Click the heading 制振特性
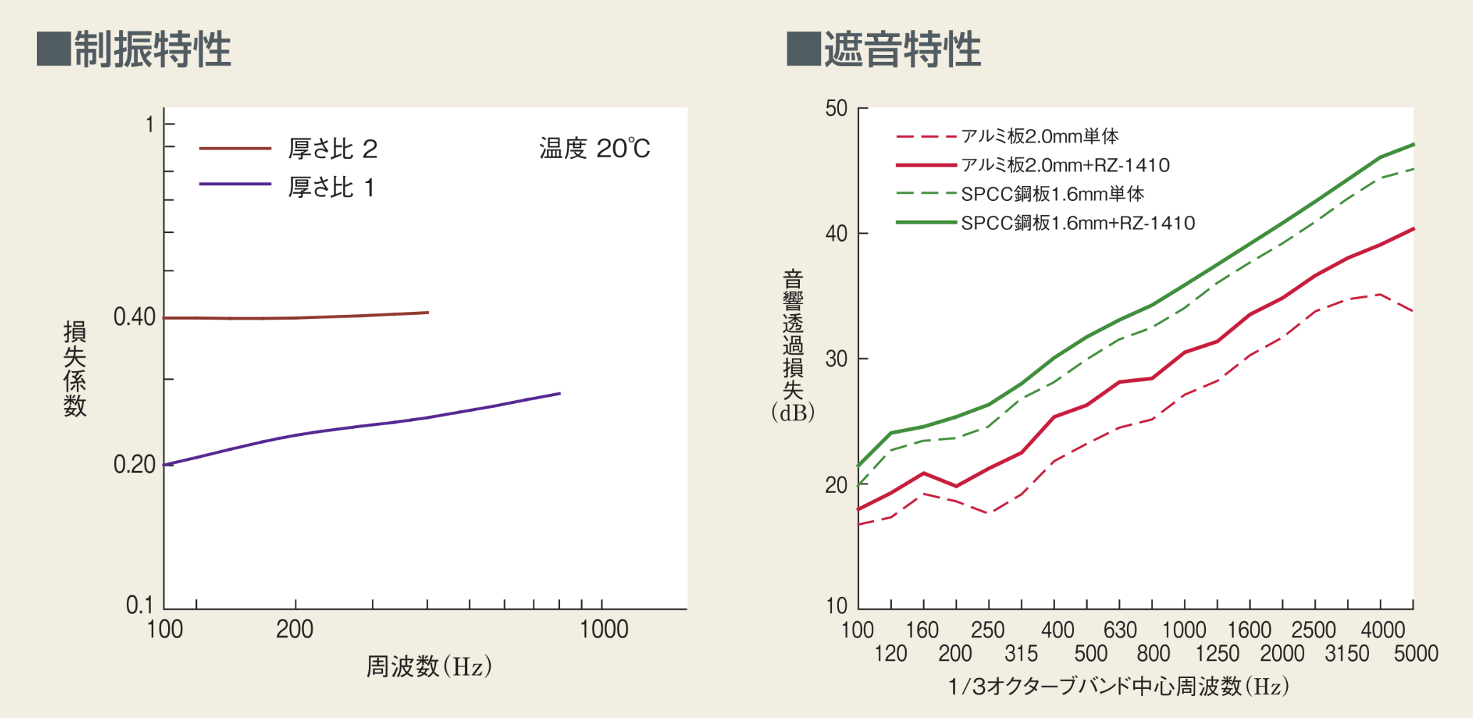(152, 49)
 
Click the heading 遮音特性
(902, 49)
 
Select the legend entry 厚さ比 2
(332, 149)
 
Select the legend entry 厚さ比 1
(330, 187)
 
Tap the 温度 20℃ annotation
(594, 148)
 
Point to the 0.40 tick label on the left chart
(134, 317)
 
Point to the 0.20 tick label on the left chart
(134, 464)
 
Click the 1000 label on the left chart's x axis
(603, 630)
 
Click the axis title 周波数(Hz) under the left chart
(429, 667)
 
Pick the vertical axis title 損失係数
(75, 368)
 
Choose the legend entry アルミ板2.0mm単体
(1039, 136)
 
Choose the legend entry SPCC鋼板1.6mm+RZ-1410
(1077, 223)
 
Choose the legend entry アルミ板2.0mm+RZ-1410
(1065, 165)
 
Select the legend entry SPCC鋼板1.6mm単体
(1052, 194)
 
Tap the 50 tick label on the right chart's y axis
(836, 109)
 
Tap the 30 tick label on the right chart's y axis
(836, 359)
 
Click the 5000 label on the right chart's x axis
(1415, 653)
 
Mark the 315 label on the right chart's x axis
(1021, 653)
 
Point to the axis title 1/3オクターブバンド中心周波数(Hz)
(1118, 687)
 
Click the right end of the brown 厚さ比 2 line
(427, 313)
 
